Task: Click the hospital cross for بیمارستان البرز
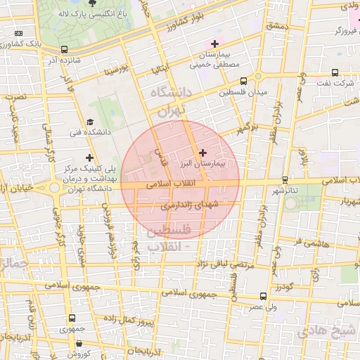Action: [203, 152]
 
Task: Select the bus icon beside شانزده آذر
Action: [65, 49]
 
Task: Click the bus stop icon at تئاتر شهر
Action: [285, 179]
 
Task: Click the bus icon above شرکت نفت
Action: [335, 72]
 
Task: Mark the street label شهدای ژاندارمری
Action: [190, 204]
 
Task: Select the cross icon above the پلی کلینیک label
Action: [89, 157]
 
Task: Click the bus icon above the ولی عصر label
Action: [262, 296]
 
